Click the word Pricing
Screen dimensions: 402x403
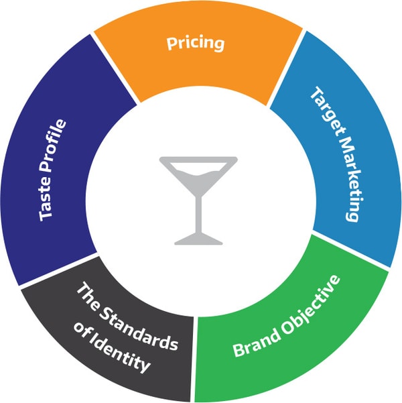196,43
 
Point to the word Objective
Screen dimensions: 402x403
311,304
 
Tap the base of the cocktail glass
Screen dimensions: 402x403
198,239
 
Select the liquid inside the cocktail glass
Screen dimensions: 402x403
198,180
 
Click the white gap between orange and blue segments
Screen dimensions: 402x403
286,68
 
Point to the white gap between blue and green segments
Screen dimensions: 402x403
350,251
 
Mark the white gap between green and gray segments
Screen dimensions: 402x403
194,359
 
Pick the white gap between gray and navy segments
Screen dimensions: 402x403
58,271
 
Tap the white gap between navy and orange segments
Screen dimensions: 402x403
115,69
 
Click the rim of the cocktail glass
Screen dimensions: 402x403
198,160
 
